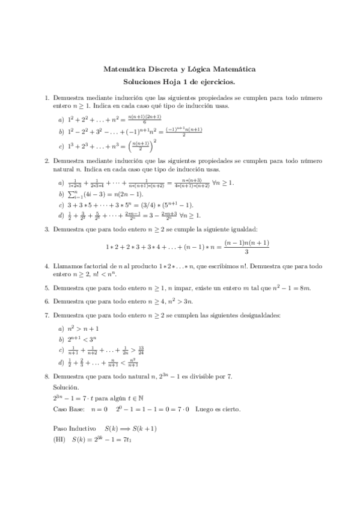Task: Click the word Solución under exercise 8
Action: [66, 387]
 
